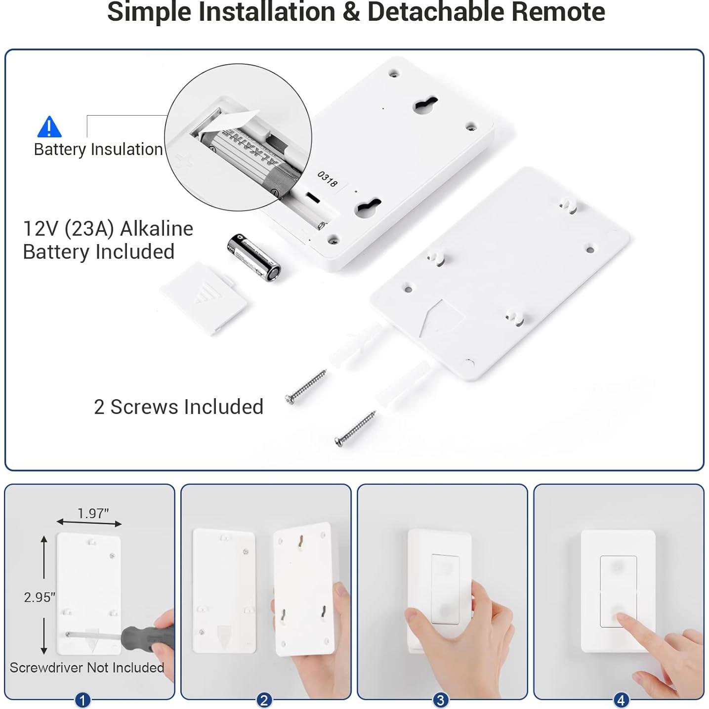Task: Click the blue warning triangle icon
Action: [49, 127]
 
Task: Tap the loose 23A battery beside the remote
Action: [253, 257]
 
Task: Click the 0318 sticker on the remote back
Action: [327, 179]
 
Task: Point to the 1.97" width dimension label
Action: [93, 513]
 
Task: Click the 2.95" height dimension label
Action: [40, 597]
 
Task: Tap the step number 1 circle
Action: [83, 700]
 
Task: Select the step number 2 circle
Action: [264, 700]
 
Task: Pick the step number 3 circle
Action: [440, 700]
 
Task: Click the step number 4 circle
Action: [621, 700]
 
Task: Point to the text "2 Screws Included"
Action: [178, 407]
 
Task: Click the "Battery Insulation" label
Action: [98, 149]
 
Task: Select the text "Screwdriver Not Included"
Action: [87, 668]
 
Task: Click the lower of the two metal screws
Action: [355, 428]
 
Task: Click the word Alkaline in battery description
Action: [157, 229]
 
